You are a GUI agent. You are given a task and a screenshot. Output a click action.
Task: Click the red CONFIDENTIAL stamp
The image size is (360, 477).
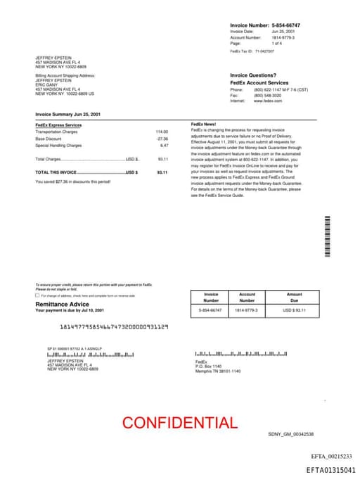coord(179,423)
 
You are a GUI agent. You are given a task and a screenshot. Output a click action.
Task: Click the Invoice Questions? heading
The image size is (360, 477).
coord(253,75)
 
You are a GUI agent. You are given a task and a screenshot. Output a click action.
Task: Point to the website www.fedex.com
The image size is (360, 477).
coord(267,101)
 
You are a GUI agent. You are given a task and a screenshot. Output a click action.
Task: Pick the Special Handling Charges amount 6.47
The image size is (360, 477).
coord(164,145)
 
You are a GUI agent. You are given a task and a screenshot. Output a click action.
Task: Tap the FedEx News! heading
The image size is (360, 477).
coord(203,125)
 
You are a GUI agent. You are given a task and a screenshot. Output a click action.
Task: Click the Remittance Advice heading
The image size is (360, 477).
coord(63,304)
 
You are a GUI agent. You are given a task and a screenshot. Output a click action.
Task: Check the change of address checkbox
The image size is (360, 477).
coord(37,295)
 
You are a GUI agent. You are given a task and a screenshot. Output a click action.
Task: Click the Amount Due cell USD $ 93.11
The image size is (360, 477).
coord(294,310)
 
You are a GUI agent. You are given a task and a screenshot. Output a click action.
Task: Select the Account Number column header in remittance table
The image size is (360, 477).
coord(247,297)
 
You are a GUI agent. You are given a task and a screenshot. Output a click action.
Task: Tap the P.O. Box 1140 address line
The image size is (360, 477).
coord(208,367)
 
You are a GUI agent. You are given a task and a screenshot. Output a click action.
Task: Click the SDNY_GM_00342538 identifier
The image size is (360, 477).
coord(290,434)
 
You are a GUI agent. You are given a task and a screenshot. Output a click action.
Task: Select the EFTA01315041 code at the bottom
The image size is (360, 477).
coord(330,469)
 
